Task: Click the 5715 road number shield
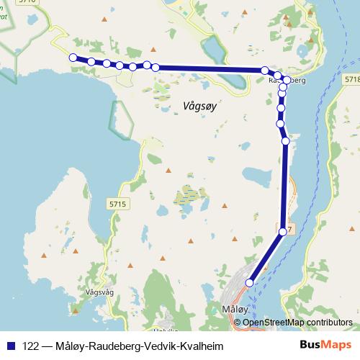coord(119,205)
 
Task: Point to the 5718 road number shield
coord(352,78)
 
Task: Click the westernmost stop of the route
coord(73,58)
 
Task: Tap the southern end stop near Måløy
coord(251,283)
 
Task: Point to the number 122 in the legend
coord(32,346)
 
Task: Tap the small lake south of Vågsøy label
coord(253,175)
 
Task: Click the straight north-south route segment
coord(284,187)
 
